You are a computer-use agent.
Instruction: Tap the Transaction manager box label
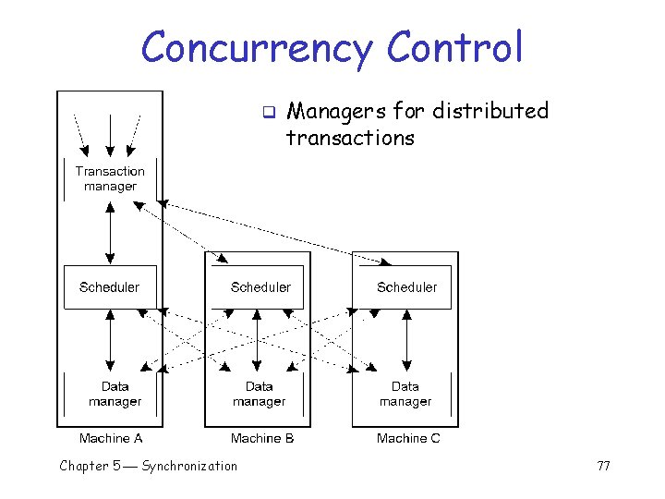point(110,178)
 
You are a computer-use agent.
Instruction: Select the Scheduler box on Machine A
point(110,287)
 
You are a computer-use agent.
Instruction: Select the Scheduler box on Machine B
point(260,287)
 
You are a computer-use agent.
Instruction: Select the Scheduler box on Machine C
point(406,287)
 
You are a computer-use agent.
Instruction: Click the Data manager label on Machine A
point(115,394)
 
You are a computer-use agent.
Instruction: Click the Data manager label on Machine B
point(259,394)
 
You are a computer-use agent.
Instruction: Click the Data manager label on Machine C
point(405,394)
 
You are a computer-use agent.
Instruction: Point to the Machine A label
point(111,438)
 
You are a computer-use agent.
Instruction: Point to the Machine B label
point(262,438)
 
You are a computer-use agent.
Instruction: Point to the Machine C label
point(408,438)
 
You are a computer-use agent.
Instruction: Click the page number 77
point(603,466)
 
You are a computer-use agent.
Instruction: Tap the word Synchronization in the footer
point(189,466)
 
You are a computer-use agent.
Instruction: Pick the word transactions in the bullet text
point(350,139)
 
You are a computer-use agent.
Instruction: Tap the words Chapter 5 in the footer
point(90,466)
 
